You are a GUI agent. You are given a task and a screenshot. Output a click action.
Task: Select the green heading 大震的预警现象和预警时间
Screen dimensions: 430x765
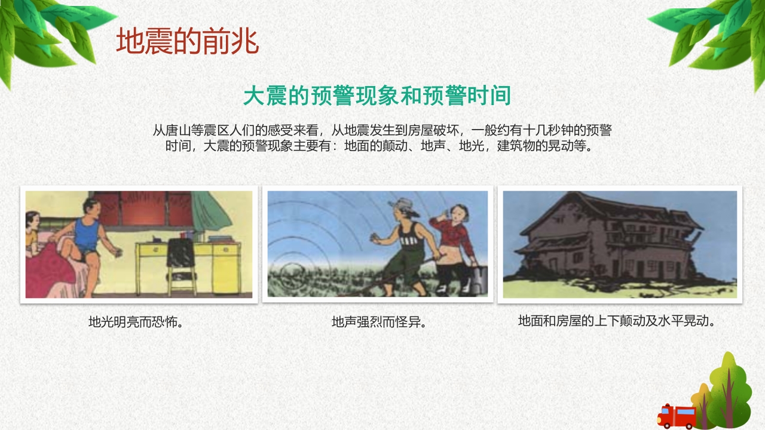pos(377,96)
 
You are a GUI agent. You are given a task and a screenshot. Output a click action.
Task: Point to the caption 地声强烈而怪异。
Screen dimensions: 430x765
pos(378,322)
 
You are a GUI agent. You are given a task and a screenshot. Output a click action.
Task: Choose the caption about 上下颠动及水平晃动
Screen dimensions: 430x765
pos(617,321)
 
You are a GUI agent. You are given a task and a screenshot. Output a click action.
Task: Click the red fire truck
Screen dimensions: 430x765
pos(677,416)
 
